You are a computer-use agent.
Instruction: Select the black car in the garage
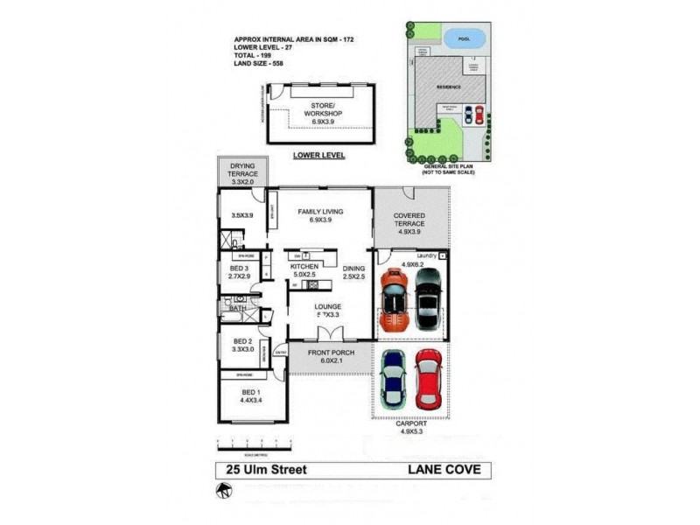point(427,297)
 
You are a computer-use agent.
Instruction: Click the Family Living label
point(319,216)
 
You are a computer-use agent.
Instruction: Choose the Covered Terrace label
point(409,220)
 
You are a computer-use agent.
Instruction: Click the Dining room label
point(354,274)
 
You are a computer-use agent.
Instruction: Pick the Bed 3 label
point(240,272)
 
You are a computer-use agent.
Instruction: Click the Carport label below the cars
point(410,426)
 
